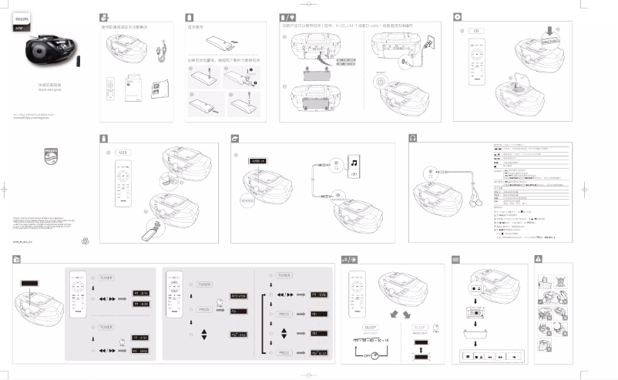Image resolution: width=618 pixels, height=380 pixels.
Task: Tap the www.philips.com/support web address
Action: pos(32,120)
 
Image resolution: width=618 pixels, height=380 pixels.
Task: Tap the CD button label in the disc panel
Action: pos(477,31)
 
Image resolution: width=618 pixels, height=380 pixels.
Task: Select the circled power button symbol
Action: pos(380,81)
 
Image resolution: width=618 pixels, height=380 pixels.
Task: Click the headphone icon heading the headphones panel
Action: pos(412,137)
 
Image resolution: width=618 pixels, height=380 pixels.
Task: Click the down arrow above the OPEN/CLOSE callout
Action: pos(548,31)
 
